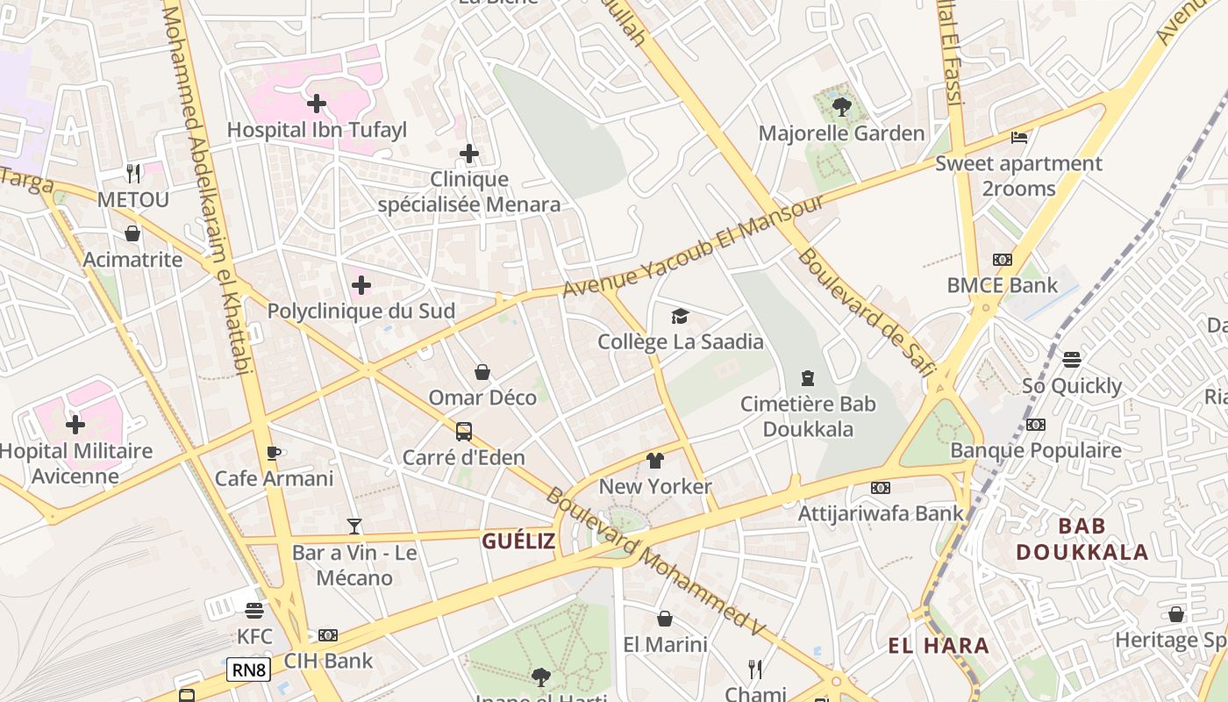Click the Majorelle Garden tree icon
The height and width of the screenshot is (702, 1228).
coord(842,107)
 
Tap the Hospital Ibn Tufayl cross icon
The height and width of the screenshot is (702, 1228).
coord(317,104)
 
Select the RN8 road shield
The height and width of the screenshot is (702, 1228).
coord(248,670)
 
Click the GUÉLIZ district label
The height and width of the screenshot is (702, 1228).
coord(518,541)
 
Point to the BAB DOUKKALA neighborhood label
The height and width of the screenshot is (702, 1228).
coord(1082,539)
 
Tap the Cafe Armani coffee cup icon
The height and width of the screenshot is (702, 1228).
coord(274,453)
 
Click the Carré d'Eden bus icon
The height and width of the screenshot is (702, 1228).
coord(464,432)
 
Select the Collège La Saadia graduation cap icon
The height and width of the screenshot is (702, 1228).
coord(680,316)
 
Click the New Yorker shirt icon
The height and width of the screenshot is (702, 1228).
coord(655,461)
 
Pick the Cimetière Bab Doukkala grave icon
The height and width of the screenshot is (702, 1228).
coord(808,378)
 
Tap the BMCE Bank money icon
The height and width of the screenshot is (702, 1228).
coord(1002,260)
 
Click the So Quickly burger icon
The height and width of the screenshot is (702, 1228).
coord(1071,360)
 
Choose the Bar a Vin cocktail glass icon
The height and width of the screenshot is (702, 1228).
coord(354,526)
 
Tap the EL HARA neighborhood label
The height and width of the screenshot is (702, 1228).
coord(939,647)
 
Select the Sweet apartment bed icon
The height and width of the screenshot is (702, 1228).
coord(1019,138)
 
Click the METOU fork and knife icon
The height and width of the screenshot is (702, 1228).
coord(132,173)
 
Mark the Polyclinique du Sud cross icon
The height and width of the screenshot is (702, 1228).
coord(361,285)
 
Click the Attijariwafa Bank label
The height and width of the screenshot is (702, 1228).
coord(881,513)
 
